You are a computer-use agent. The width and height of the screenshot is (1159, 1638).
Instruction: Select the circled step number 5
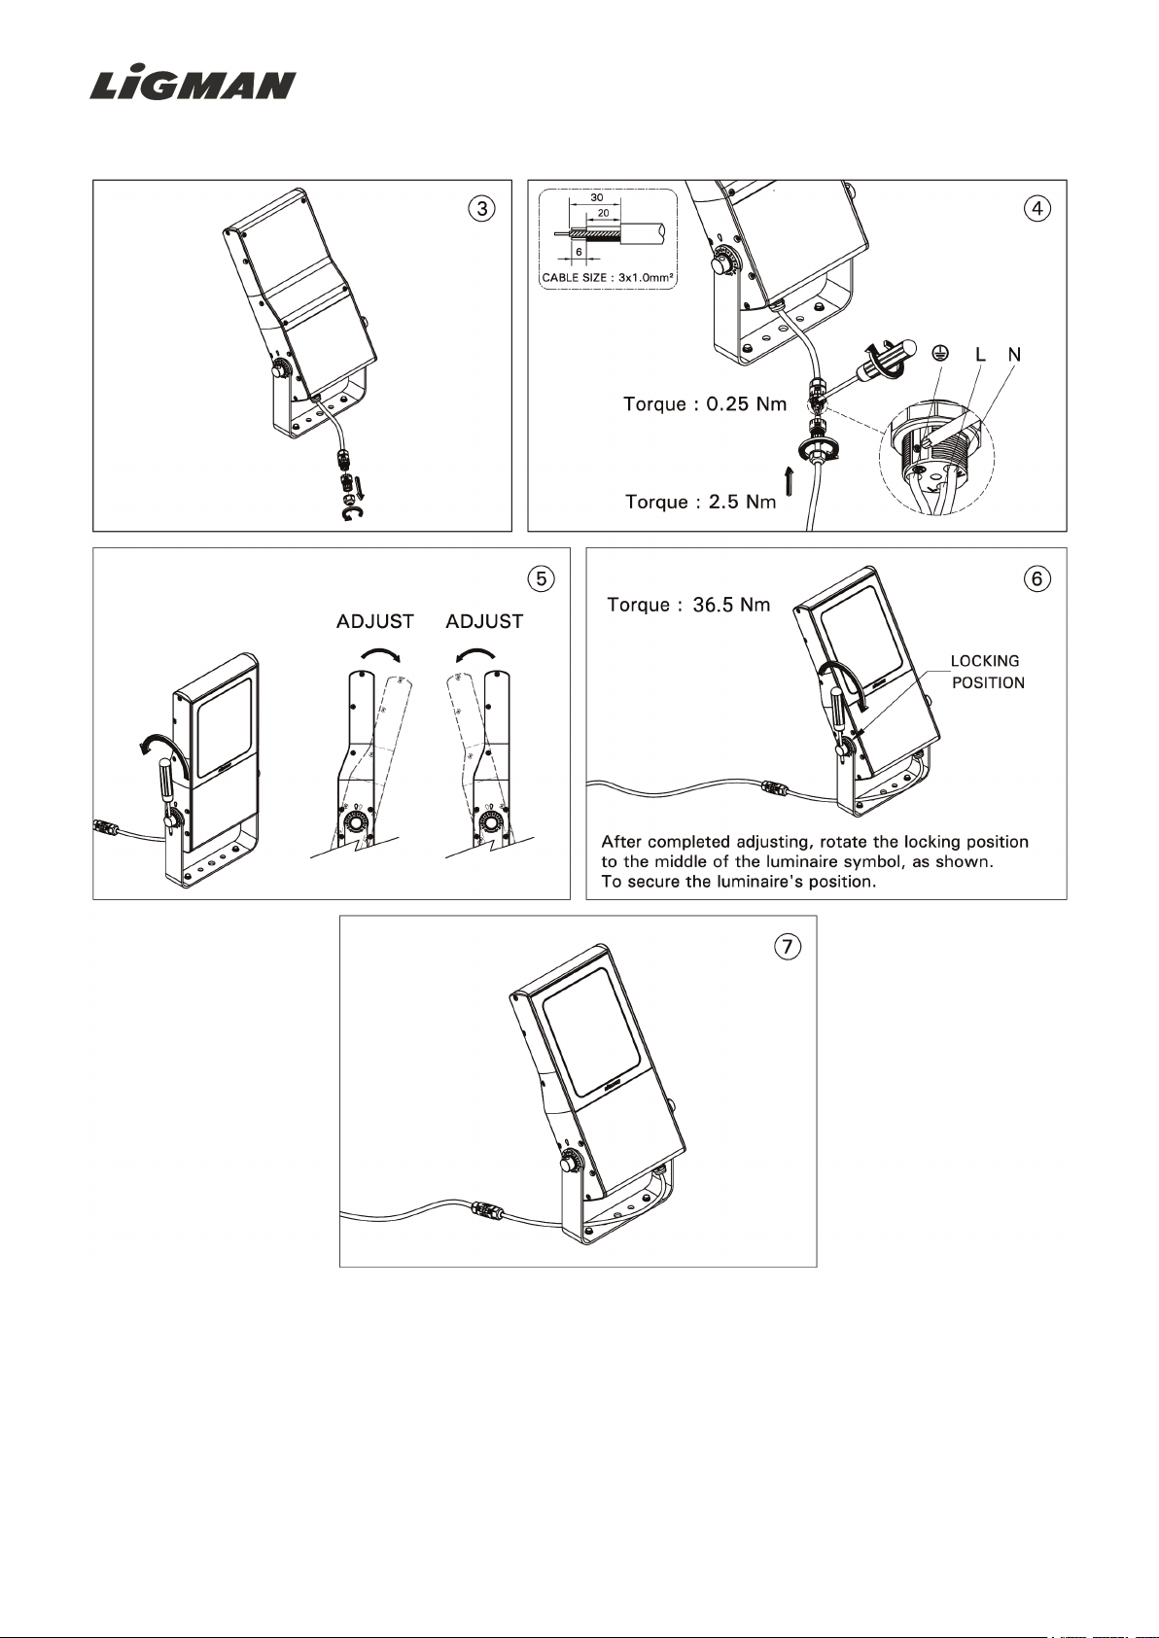[x=541, y=578]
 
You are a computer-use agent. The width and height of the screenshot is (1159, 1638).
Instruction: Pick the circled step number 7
[x=788, y=947]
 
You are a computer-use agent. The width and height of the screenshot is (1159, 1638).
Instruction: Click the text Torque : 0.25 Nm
[x=705, y=403]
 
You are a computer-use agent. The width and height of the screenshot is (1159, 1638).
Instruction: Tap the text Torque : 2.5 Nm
[x=700, y=502]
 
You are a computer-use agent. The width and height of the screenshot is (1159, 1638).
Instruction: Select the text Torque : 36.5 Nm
[x=688, y=605]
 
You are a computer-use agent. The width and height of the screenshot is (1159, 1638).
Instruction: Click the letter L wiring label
[x=980, y=355]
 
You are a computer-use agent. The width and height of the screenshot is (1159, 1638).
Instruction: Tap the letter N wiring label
[x=1014, y=355]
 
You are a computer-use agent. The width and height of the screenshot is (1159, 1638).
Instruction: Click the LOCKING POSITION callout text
[x=987, y=672]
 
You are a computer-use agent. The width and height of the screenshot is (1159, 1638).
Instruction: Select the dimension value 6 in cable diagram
[x=579, y=252]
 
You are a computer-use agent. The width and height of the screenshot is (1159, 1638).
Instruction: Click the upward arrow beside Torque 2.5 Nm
[x=790, y=481]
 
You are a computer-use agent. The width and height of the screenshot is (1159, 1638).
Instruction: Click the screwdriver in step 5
[x=166, y=785]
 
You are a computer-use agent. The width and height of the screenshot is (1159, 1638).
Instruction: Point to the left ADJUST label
[x=375, y=621]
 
